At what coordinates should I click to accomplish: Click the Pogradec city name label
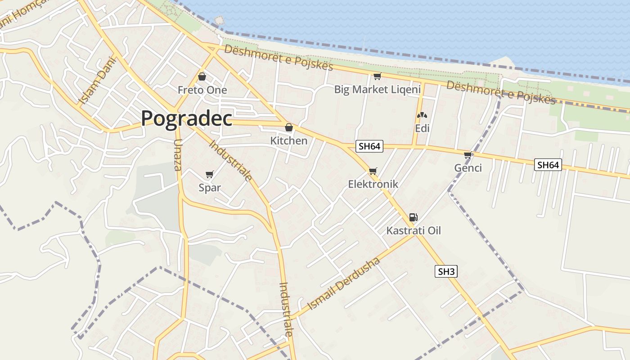pos(186,118)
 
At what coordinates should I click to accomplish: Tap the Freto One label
pos(202,90)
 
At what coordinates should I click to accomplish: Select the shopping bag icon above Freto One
pos(202,76)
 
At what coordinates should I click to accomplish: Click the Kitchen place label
pos(288,141)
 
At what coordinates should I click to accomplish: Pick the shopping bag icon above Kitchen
pos(289,127)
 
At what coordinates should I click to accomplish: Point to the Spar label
pos(210,188)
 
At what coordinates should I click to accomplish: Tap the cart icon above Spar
pos(209,174)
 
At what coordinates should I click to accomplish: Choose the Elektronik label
pos(373,184)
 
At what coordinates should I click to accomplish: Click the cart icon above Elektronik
pos(373,171)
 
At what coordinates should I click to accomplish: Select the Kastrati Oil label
pos(414,231)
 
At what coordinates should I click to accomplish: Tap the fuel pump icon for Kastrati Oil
pos(414,217)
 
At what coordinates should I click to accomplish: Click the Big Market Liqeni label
pos(377,89)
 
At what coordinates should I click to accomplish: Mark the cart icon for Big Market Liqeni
pos(377,76)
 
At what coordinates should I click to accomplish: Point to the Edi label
pos(422,129)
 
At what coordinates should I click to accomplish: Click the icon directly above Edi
pos(422,116)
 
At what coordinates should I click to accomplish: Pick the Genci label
pos(468,168)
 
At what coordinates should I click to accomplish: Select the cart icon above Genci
pos(468,155)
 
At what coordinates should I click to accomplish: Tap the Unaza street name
pos(177,155)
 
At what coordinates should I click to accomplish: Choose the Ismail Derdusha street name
pos(344,284)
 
